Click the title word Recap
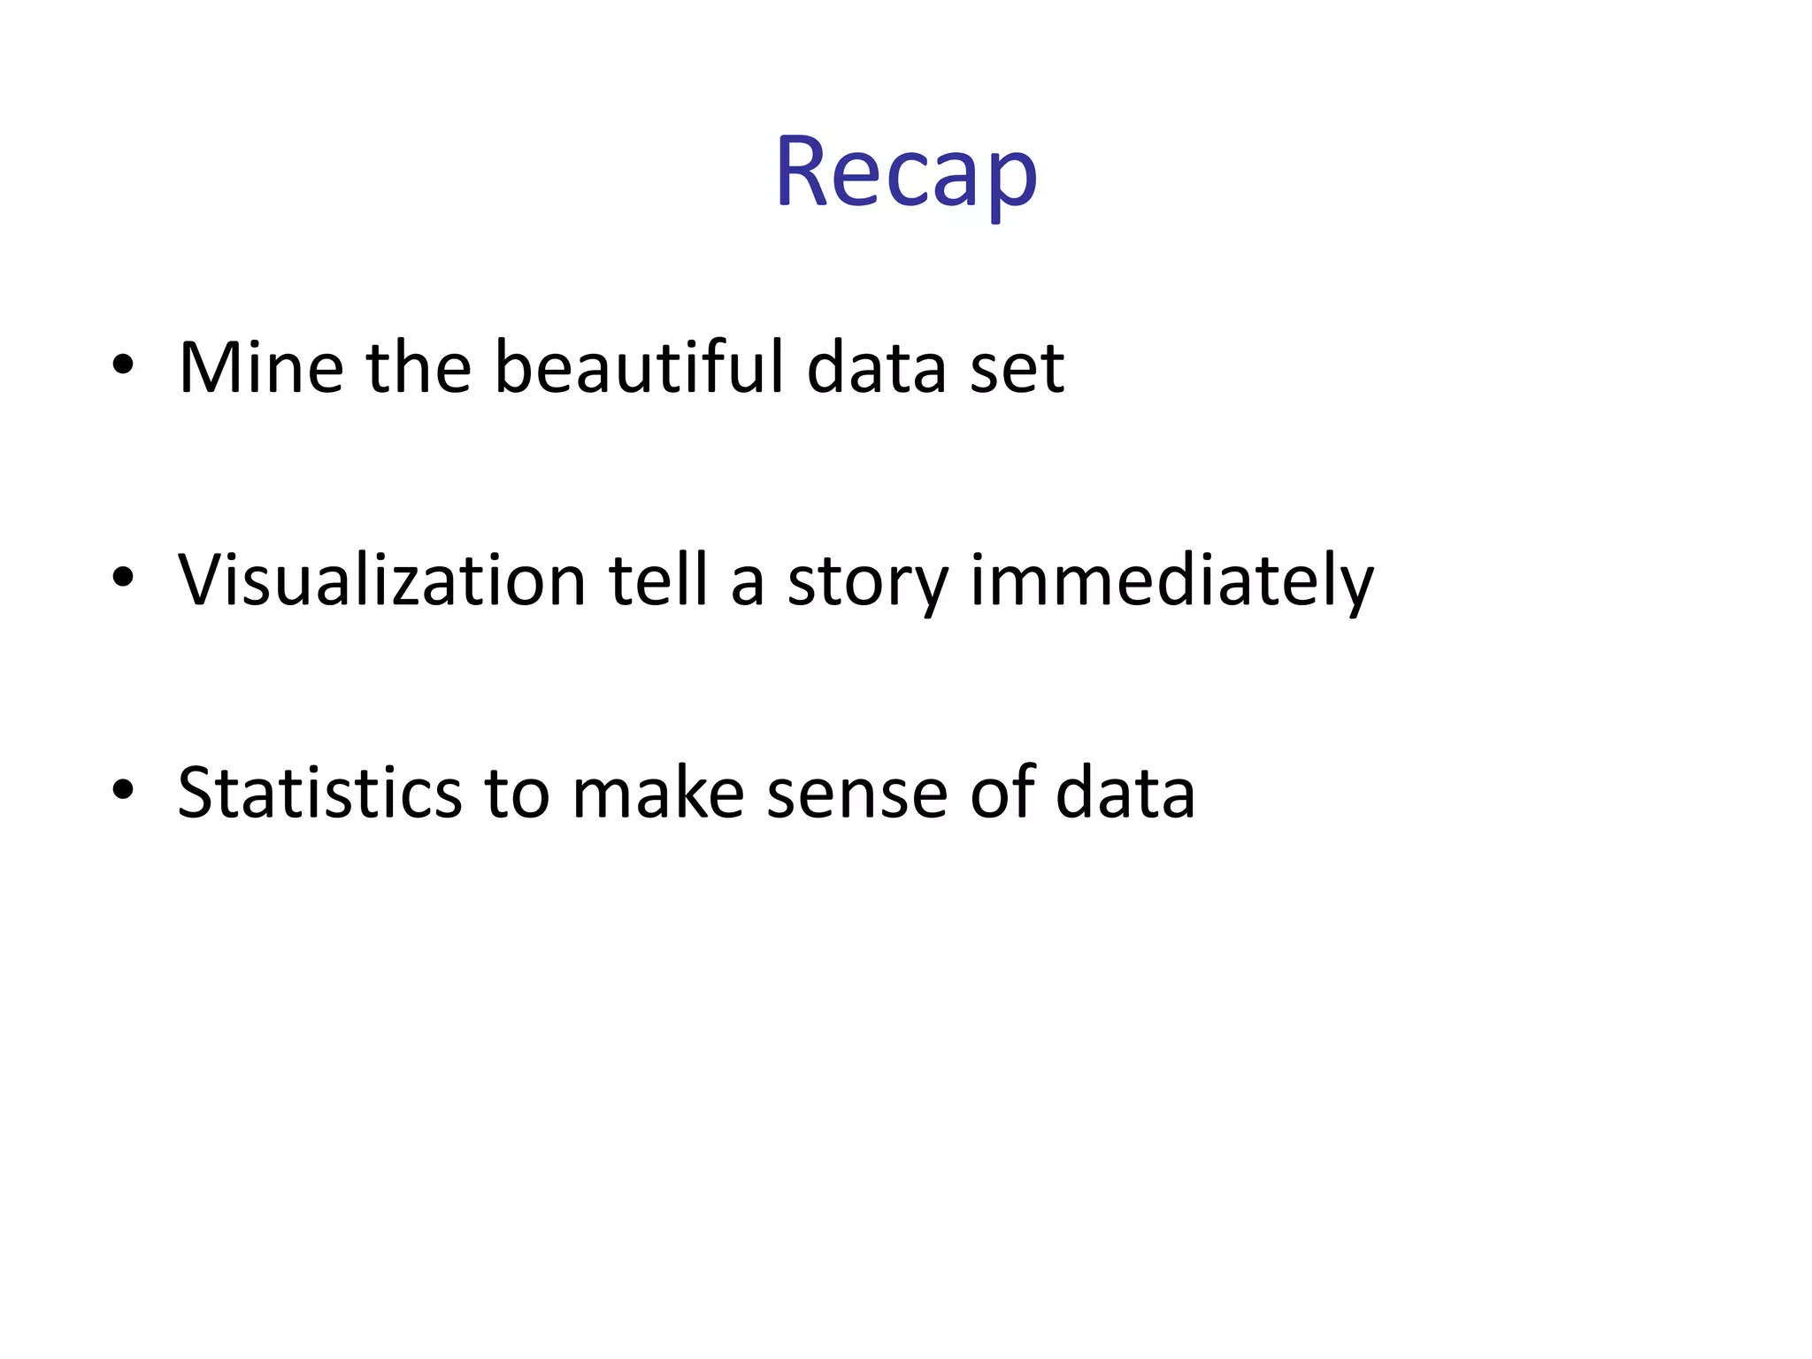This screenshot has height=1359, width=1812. [906, 172]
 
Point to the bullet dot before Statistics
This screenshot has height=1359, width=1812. [123, 789]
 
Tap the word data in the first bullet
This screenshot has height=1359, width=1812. [876, 367]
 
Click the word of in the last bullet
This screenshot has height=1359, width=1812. [1002, 790]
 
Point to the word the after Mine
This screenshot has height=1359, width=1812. [418, 367]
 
